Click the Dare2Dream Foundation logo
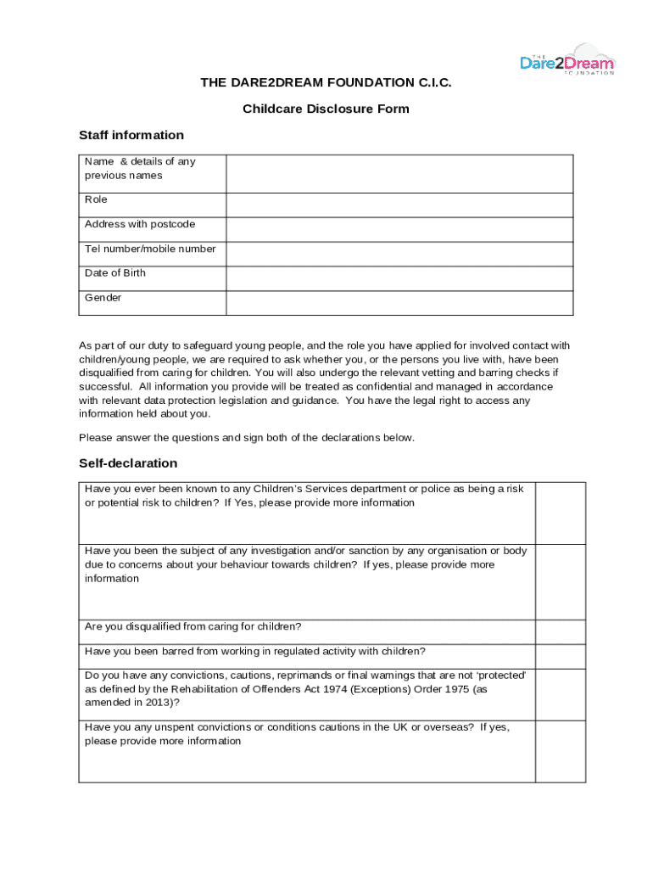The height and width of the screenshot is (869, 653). pos(566,60)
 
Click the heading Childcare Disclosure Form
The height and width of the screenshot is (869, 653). pos(326,109)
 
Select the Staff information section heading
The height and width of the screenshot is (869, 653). pos(131,135)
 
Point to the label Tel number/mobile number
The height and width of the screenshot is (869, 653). pos(150,249)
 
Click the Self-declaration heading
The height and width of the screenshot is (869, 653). pos(128,463)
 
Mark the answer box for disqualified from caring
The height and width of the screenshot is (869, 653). pos(560,632)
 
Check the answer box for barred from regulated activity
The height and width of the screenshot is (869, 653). pos(560,656)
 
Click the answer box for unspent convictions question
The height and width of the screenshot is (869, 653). pos(560,751)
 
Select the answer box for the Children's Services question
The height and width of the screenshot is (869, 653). pos(560,513)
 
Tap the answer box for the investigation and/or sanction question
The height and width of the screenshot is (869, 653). pos(560,581)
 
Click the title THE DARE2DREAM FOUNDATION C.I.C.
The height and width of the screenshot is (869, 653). pos(326,82)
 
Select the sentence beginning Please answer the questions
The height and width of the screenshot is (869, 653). pos(247,438)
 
